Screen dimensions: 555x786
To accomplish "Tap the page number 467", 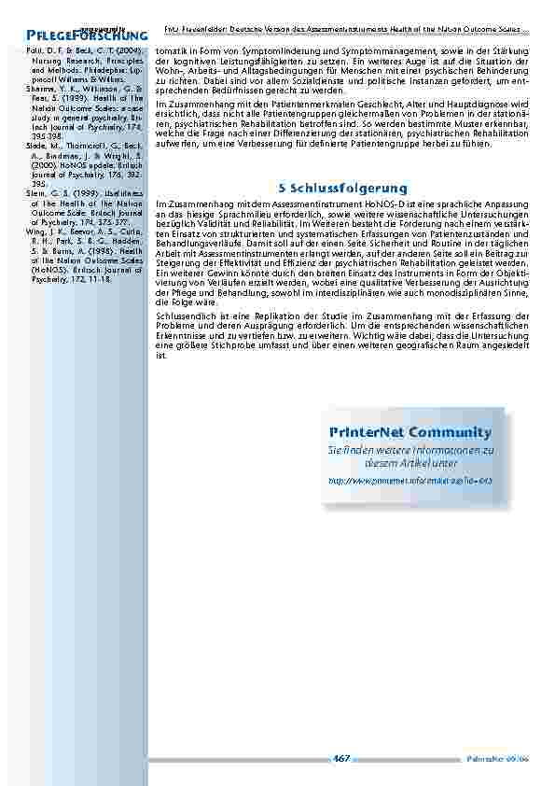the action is [x=340, y=758].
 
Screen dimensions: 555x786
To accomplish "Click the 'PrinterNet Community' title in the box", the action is [x=409, y=432].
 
